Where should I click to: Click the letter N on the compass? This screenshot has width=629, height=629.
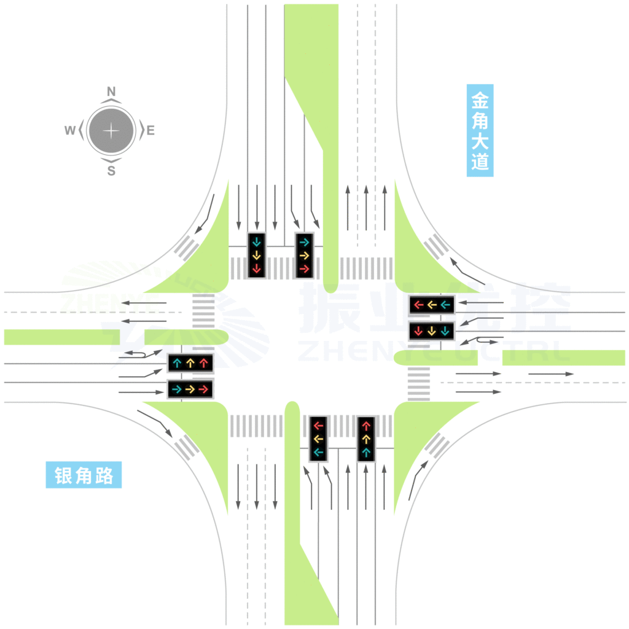pyautogui.click(x=111, y=92)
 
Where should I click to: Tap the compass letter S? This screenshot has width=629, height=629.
pyautogui.click(x=111, y=171)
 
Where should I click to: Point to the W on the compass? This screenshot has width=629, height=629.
pyautogui.click(x=70, y=130)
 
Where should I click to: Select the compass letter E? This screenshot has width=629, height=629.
pyautogui.click(x=150, y=130)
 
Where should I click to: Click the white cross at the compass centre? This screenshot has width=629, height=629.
pyautogui.click(x=111, y=131)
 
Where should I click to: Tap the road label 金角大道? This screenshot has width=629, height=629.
pyautogui.click(x=480, y=130)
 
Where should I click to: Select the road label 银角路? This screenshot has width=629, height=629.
pyautogui.click(x=84, y=475)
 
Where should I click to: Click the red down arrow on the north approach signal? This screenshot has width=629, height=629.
pyautogui.click(x=256, y=268)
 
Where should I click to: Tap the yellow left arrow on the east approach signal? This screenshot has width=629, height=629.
pyautogui.click(x=432, y=303)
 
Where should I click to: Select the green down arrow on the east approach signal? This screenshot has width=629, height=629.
pyautogui.click(x=445, y=331)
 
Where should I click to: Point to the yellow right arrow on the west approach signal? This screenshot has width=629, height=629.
pyautogui.click(x=190, y=389)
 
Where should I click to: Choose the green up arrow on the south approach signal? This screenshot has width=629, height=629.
pyautogui.click(x=366, y=453)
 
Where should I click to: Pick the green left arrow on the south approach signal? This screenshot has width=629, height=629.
pyautogui.click(x=318, y=453)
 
